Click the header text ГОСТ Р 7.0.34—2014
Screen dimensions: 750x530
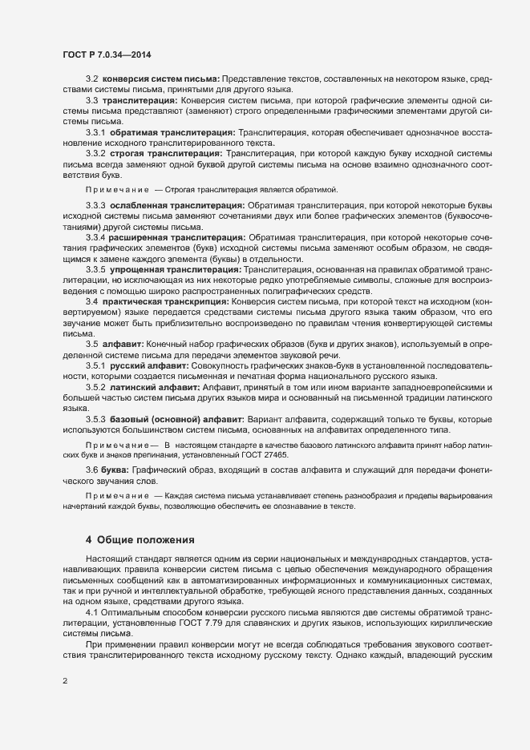click(x=107, y=55)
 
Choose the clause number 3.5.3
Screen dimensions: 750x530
click(x=95, y=419)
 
